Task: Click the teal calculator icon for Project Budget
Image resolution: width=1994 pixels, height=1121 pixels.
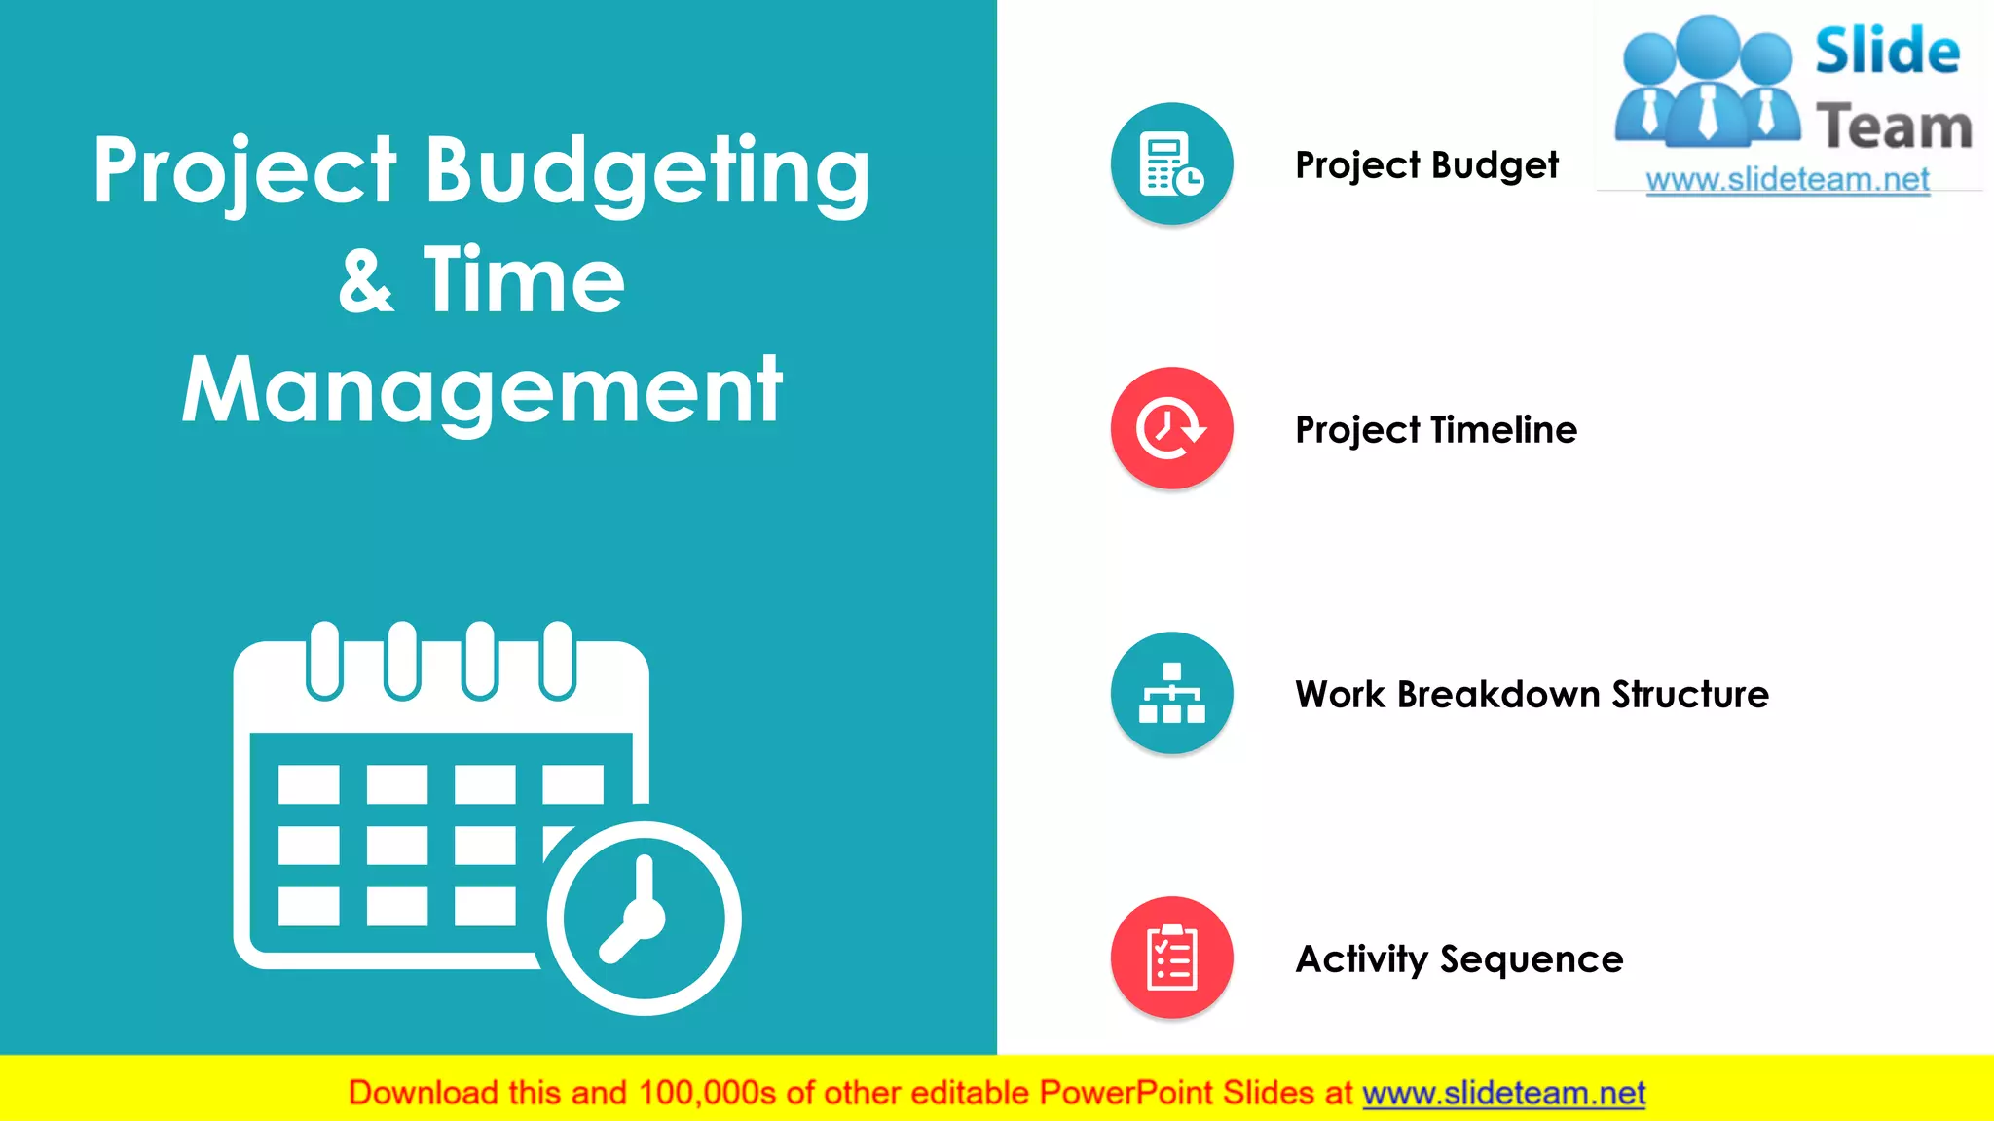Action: point(1171,163)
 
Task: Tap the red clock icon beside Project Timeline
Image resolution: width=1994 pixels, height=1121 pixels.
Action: point(1171,428)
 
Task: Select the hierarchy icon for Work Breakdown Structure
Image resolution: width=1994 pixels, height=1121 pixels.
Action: point(1171,693)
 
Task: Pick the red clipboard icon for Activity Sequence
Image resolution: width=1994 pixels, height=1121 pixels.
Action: point(1171,958)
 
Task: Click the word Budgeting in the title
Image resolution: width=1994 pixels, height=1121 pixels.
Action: point(647,171)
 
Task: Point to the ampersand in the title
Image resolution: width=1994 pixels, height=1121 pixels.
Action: point(367,281)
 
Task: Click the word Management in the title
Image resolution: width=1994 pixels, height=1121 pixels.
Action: point(483,391)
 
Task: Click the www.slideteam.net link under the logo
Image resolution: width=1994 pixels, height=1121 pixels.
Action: point(1788,180)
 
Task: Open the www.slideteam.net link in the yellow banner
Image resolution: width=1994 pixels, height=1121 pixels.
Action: point(1503,1093)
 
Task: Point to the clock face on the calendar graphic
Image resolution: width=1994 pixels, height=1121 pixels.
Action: point(644,918)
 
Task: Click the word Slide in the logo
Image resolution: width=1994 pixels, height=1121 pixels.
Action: point(1887,52)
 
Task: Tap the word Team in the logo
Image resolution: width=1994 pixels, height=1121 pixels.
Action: point(1894,127)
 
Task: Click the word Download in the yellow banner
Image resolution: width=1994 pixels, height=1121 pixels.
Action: point(424,1093)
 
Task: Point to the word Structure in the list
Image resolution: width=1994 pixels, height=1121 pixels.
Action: point(1690,694)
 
